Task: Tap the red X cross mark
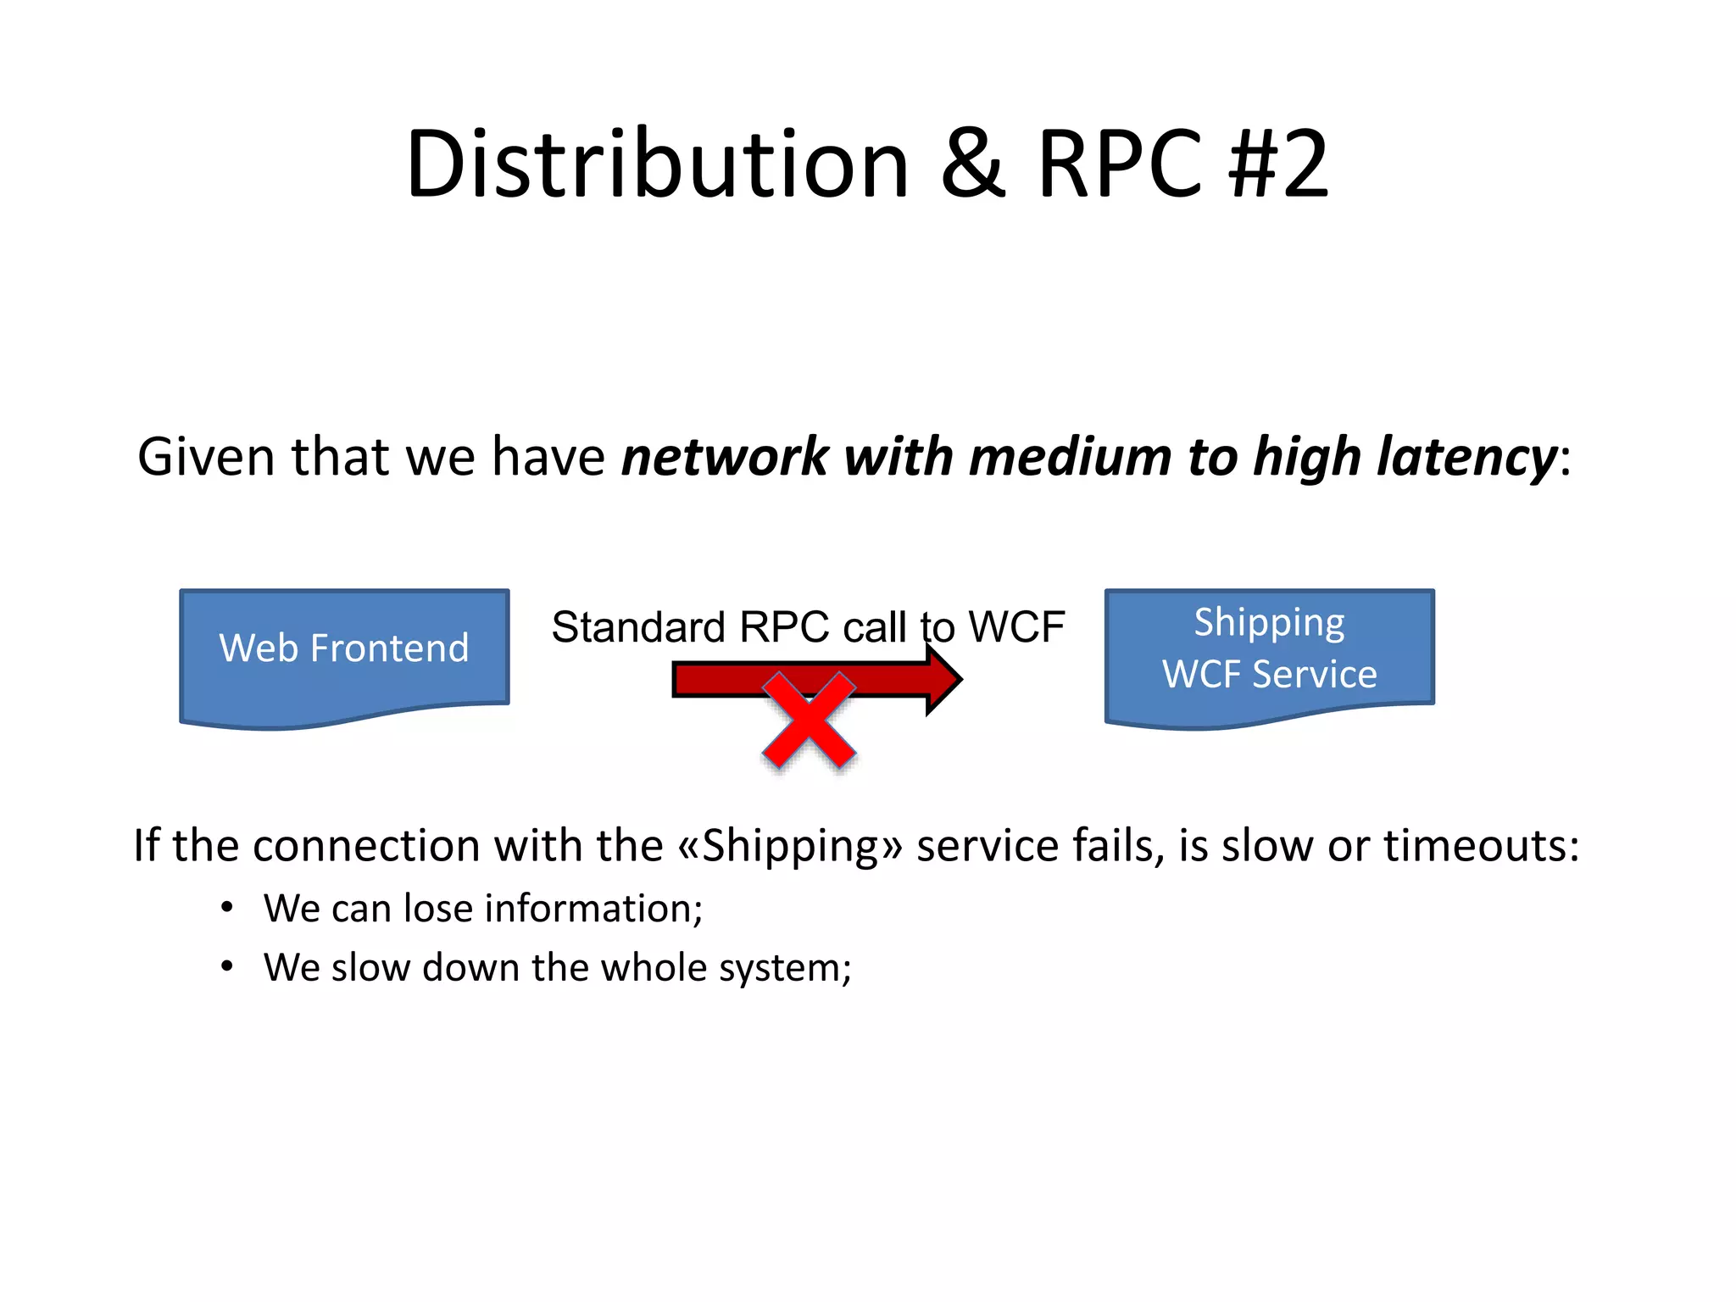(809, 721)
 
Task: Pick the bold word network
(726, 458)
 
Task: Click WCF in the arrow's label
(1016, 628)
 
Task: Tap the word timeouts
(1481, 846)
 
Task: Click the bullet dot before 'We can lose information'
(226, 908)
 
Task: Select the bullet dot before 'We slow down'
(226, 967)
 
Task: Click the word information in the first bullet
(593, 909)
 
